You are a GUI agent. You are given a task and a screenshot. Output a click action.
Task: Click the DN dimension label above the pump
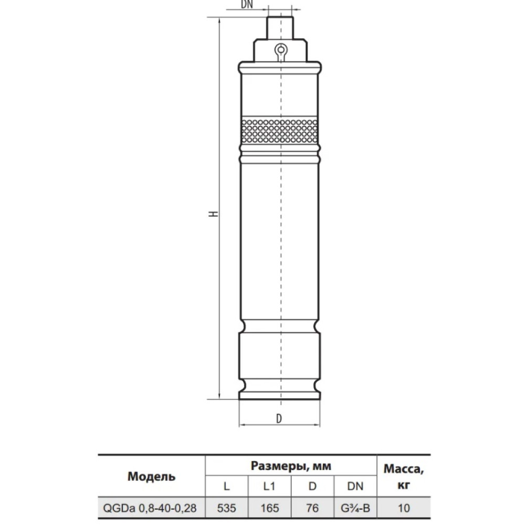click(247, 4)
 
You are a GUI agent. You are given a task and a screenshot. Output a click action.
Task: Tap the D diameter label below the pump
click(279, 418)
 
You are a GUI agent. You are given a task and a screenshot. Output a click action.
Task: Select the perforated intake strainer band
click(279, 130)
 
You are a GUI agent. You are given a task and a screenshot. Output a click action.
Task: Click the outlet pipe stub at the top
click(280, 28)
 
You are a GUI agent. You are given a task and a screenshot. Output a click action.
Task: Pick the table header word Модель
click(151, 476)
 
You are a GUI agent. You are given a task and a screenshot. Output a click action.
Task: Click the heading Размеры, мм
click(291, 466)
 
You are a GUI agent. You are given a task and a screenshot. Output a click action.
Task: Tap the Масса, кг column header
click(403, 477)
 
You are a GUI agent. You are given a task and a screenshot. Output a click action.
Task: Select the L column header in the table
click(227, 486)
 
